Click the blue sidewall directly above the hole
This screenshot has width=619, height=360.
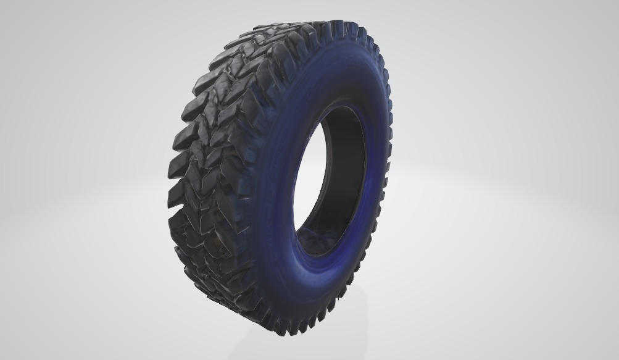point(346,74)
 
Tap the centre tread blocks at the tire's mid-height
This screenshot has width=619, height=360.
point(210,179)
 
